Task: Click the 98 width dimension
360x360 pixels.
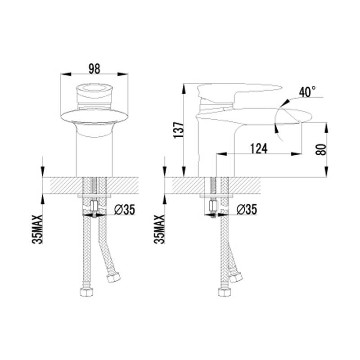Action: click(94, 69)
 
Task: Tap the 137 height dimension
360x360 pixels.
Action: click(179, 130)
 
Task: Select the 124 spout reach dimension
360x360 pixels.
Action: click(259, 148)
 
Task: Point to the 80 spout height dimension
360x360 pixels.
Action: click(321, 149)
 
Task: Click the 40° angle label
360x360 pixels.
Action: click(307, 92)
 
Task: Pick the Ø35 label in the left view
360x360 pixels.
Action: click(125, 209)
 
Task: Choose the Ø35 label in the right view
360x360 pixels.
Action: click(247, 209)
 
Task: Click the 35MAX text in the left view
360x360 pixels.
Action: click(38, 229)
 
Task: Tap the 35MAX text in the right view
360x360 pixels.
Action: click(160, 229)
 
